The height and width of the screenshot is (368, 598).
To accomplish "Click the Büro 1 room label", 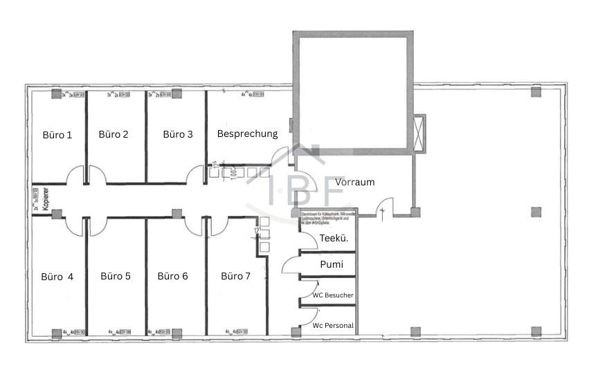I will (x=57, y=135).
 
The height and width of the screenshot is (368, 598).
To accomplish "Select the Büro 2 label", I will (x=114, y=134).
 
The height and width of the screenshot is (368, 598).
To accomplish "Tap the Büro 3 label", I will (x=178, y=134).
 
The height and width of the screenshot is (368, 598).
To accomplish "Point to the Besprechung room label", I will (x=247, y=134).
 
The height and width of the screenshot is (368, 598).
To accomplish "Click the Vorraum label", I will (x=354, y=182).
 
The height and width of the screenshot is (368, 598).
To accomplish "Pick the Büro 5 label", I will (x=116, y=276).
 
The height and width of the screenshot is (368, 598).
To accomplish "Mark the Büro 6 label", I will (x=172, y=276).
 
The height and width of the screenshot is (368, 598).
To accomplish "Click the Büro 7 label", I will (x=236, y=276).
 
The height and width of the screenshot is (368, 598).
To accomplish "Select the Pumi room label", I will (x=331, y=264).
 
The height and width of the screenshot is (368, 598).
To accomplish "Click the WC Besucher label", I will (x=333, y=295).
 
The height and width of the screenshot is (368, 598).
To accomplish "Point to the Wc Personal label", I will (x=333, y=325).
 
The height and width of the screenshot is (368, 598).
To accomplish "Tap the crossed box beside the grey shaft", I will (x=419, y=132).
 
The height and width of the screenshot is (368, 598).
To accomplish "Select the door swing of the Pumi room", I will (x=291, y=264).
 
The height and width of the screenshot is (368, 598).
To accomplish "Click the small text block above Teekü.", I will (x=327, y=217).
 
